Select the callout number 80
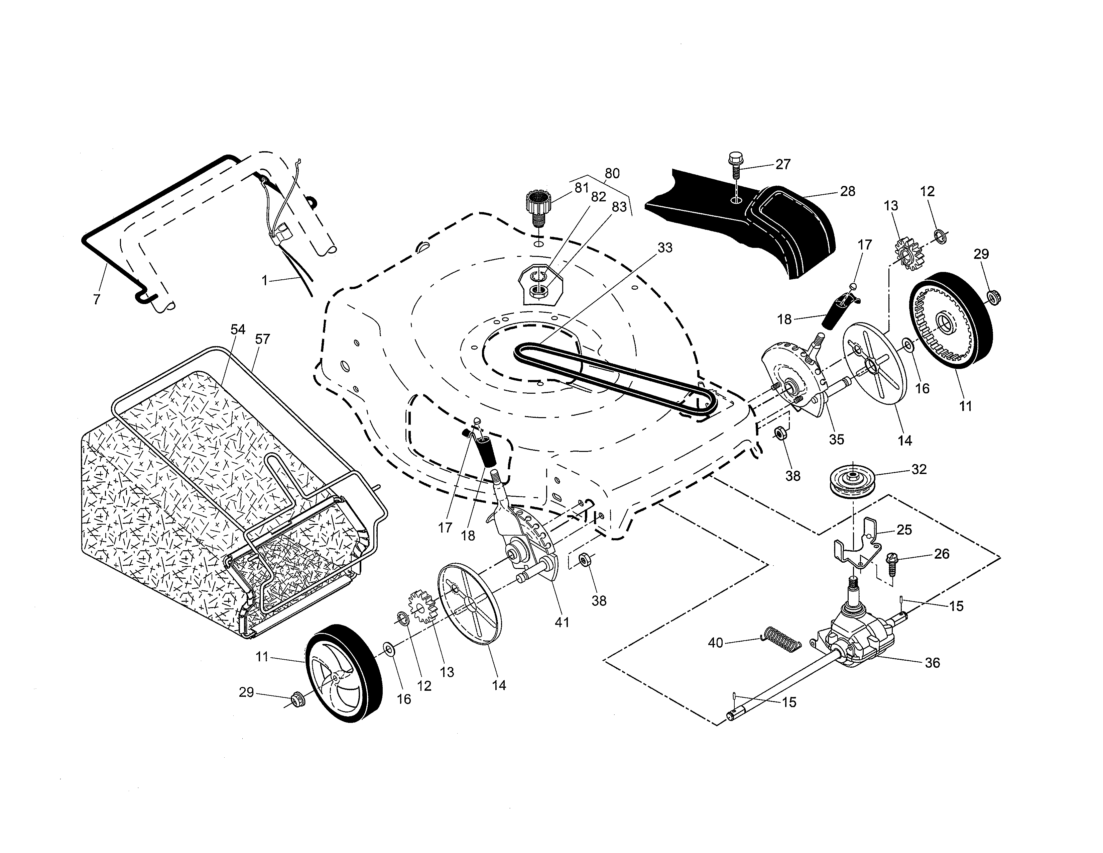pyautogui.click(x=612, y=173)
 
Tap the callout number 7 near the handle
pyautogui.click(x=97, y=299)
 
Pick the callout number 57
pyautogui.click(x=262, y=339)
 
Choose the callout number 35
pyautogui.click(x=836, y=439)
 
